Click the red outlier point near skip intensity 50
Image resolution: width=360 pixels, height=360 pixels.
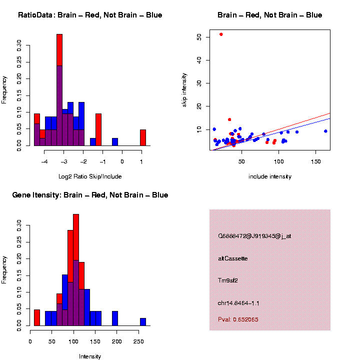[x=221, y=34]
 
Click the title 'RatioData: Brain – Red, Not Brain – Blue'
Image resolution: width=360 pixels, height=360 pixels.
[x=90, y=15]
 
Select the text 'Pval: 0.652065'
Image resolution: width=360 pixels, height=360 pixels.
[x=238, y=319]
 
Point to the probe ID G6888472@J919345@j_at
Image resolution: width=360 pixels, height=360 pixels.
[x=254, y=236]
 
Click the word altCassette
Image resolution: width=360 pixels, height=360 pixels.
[x=232, y=258]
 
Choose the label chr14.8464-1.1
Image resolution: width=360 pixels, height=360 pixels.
[x=238, y=303]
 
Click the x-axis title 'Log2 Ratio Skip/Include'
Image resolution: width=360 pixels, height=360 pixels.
[x=90, y=176]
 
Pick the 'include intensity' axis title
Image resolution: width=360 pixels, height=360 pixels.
[x=270, y=176]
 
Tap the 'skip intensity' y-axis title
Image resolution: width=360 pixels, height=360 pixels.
[x=184, y=90]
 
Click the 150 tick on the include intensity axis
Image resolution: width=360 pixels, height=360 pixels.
[x=316, y=162]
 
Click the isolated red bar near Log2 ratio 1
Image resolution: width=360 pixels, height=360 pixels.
[x=143, y=137]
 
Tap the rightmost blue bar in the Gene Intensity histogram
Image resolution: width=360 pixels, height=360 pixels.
[x=143, y=322]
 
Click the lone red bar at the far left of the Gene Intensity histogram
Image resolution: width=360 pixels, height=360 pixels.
[x=37, y=318]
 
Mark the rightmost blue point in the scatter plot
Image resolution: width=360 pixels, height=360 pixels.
[x=325, y=131]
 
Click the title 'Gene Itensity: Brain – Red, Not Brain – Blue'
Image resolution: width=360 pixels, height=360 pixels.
[x=90, y=195]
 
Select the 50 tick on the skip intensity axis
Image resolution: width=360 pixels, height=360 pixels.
[x=199, y=37]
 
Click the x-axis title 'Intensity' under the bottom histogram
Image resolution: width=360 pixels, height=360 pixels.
[x=90, y=356]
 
